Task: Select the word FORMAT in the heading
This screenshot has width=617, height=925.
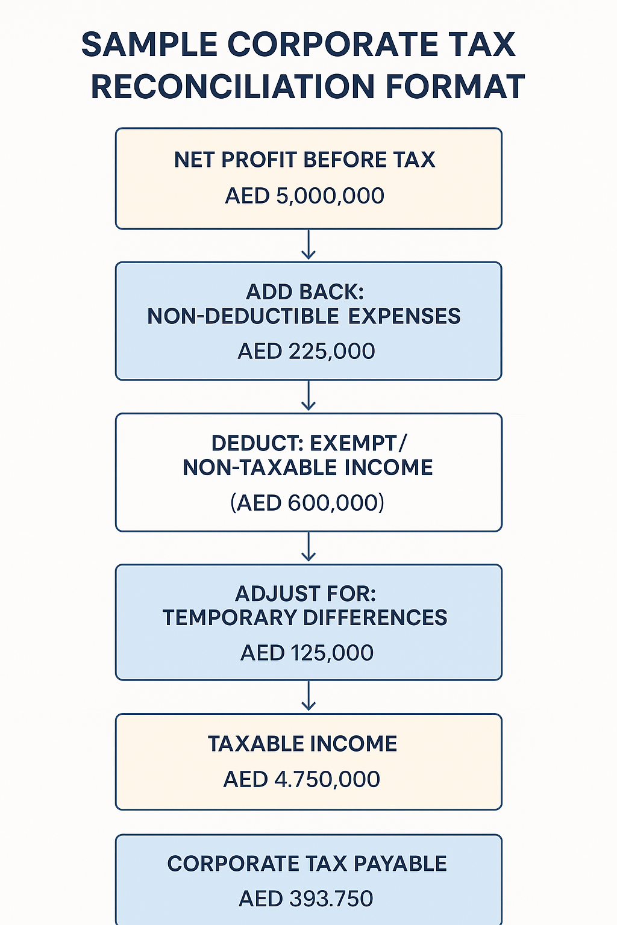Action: click(x=455, y=86)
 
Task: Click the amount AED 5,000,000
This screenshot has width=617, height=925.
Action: click(x=305, y=196)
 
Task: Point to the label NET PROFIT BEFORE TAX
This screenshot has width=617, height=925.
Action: click(x=305, y=160)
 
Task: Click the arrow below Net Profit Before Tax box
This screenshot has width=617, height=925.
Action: click(x=308, y=244)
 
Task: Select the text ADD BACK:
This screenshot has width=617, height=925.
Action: click(x=305, y=292)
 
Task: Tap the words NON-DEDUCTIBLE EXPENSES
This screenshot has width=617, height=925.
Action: click(x=304, y=316)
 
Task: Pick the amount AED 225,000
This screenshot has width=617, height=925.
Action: click(x=307, y=351)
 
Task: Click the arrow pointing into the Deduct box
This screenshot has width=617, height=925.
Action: click(x=308, y=396)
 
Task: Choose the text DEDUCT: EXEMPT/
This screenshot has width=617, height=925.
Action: click(x=309, y=443)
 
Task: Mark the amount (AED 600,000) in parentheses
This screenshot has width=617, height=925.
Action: click(x=307, y=502)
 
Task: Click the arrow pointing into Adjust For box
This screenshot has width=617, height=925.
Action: click(x=308, y=547)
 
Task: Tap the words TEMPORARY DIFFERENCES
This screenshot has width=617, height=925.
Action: click(x=305, y=618)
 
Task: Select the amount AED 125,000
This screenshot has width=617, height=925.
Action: click(x=307, y=653)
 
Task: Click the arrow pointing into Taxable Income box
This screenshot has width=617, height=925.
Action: click(x=308, y=696)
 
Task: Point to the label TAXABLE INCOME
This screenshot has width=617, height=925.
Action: click(x=302, y=744)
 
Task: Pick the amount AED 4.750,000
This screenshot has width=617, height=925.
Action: click(x=302, y=779)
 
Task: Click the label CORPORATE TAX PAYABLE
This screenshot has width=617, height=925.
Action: click(x=307, y=864)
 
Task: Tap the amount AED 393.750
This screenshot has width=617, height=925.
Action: click(x=306, y=899)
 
